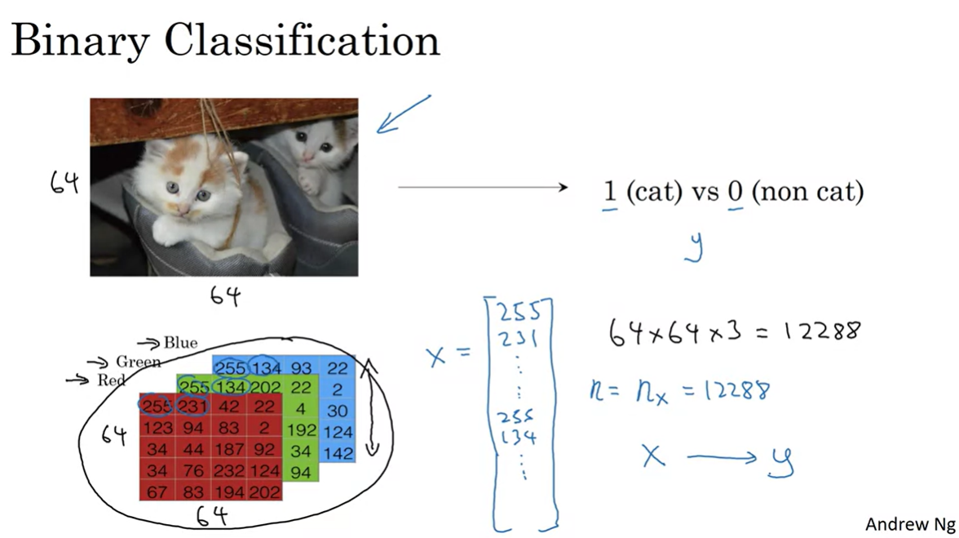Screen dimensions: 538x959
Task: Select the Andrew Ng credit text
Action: (x=908, y=523)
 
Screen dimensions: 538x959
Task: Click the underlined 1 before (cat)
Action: (x=609, y=193)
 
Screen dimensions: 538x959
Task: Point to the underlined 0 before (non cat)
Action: (x=735, y=193)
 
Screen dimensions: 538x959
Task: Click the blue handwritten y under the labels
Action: (x=694, y=247)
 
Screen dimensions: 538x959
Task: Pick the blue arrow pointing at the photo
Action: (x=402, y=114)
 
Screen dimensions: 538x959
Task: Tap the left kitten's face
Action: (x=187, y=192)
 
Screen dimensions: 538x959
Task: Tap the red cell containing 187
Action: (x=229, y=449)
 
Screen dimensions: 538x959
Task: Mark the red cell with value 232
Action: (x=229, y=471)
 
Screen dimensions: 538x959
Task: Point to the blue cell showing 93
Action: (x=302, y=369)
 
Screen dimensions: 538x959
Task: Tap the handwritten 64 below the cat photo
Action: (x=225, y=296)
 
